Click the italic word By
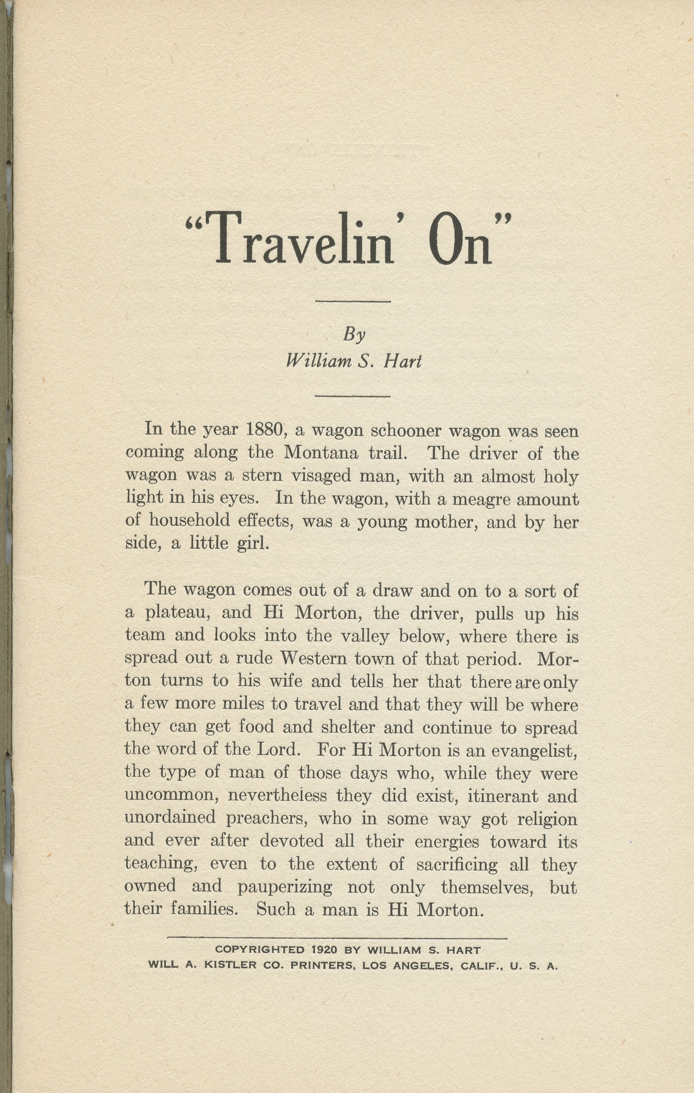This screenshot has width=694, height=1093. click(x=354, y=335)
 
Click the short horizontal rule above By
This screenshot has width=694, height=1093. click(x=353, y=301)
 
